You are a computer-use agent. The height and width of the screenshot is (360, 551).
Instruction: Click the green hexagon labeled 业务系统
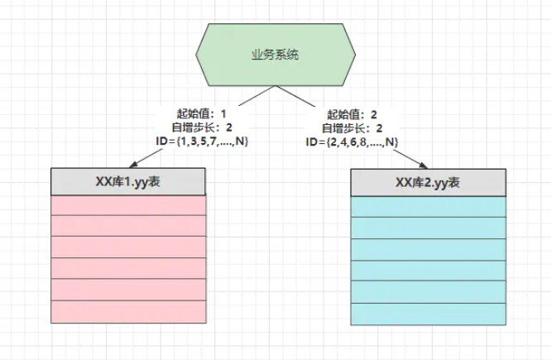tap(275, 55)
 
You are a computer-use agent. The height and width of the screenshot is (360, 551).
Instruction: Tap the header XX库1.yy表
tap(128, 180)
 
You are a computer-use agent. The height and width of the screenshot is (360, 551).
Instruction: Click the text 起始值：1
tap(203, 113)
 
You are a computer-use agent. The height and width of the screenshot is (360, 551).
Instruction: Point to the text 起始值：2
tap(352, 113)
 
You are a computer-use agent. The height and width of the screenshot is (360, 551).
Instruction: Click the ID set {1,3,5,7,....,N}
tap(203, 142)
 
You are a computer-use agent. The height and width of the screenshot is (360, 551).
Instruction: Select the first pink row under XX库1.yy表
tap(128, 204)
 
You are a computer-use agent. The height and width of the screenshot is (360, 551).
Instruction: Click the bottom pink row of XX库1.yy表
tap(128, 312)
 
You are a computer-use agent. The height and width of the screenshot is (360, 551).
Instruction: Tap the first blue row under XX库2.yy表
tap(428, 206)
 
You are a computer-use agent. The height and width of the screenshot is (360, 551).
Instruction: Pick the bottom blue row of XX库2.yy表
tap(428, 314)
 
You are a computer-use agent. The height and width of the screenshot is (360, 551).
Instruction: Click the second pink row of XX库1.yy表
tap(128, 226)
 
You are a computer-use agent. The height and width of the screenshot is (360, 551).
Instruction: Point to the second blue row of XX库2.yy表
tap(428, 228)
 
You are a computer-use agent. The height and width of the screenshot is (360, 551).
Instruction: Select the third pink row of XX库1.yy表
tap(128, 247)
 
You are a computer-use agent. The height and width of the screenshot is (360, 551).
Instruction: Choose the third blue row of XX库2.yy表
tap(428, 249)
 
